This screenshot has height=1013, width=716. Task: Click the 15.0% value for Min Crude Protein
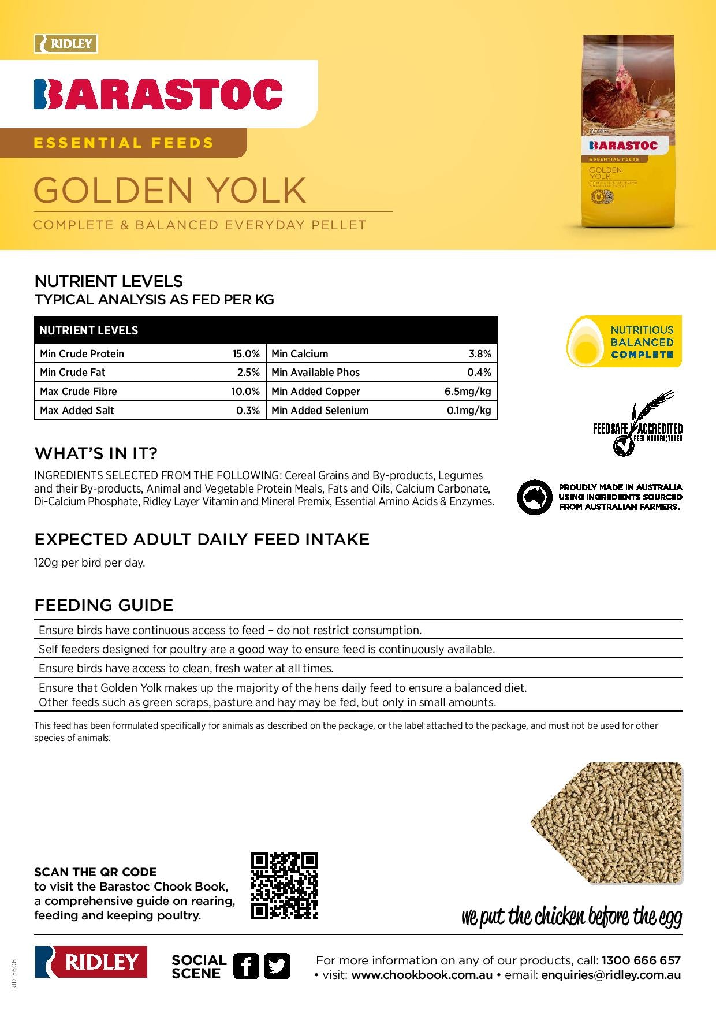click(x=246, y=354)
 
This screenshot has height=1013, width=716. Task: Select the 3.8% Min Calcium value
click(x=480, y=354)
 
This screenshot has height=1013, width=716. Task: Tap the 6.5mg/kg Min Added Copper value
click(x=468, y=392)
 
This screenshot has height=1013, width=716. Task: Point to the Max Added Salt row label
click(x=77, y=411)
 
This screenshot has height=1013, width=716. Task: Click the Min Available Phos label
click(x=315, y=373)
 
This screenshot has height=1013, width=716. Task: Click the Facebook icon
click(x=246, y=966)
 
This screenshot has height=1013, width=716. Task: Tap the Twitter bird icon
click(x=277, y=966)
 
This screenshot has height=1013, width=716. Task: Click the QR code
click(x=285, y=885)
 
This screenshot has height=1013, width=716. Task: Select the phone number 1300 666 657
click(x=641, y=960)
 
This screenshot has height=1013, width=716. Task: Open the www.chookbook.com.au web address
click(x=422, y=975)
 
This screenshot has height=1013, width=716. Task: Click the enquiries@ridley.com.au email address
click(x=611, y=975)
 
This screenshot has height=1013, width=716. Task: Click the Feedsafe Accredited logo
click(x=637, y=425)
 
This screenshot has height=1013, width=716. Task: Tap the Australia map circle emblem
click(x=534, y=497)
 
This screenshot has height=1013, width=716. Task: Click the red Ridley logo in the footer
click(x=91, y=962)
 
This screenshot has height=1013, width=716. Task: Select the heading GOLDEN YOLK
click(x=170, y=190)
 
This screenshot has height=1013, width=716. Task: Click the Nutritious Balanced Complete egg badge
click(x=624, y=342)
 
